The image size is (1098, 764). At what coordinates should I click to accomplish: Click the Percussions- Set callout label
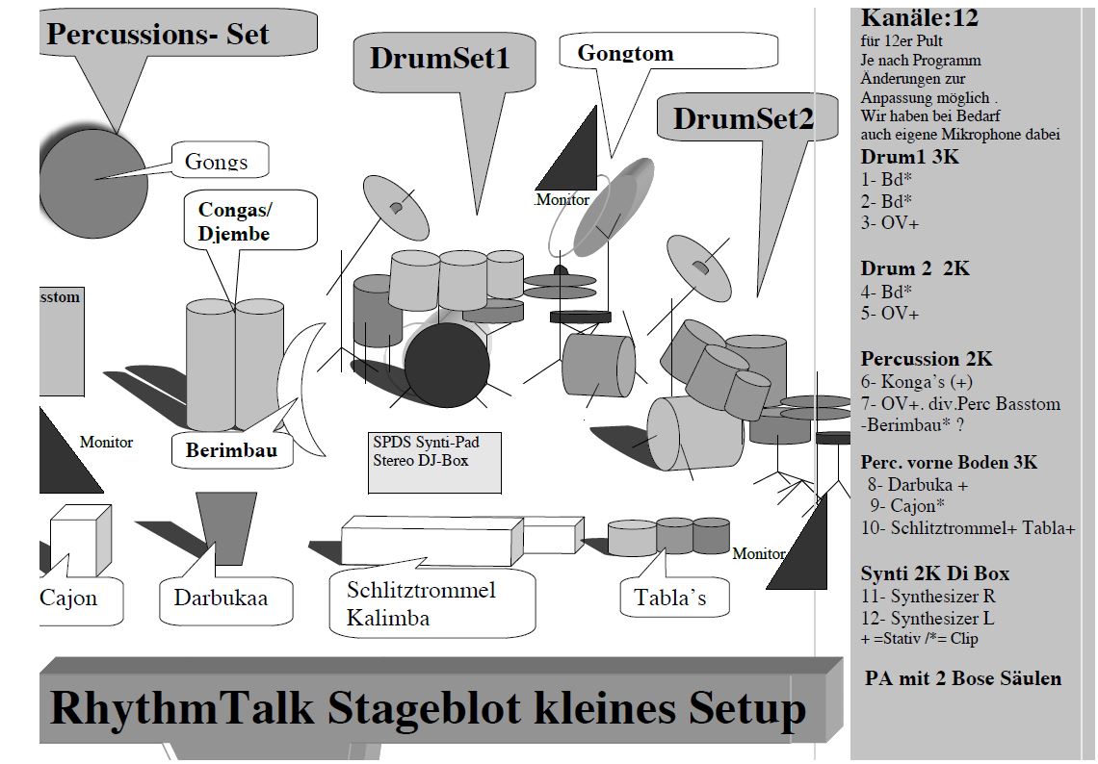(x=158, y=36)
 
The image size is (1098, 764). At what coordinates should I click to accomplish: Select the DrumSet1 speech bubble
(x=439, y=59)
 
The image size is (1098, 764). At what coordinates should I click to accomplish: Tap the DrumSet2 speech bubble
(x=743, y=118)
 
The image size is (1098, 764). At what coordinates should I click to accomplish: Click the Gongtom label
(x=625, y=53)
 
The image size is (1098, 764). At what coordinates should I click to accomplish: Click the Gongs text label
(x=217, y=161)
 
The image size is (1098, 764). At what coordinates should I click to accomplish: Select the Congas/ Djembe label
(x=235, y=220)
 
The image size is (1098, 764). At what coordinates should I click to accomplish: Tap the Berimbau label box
(x=225, y=450)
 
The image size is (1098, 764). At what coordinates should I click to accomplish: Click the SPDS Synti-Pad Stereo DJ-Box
(x=434, y=463)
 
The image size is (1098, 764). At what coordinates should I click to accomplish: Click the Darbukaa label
(x=221, y=598)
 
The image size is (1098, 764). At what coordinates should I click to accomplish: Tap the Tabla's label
(x=669, y=598)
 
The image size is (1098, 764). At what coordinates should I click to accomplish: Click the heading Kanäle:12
(x=919, y=17)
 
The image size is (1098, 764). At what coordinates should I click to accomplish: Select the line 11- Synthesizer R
(x=928, y=597)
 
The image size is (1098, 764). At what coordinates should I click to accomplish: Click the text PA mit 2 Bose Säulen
(x=963, y=678)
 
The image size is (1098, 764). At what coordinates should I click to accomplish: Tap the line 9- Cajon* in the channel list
(x=905, y=506)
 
